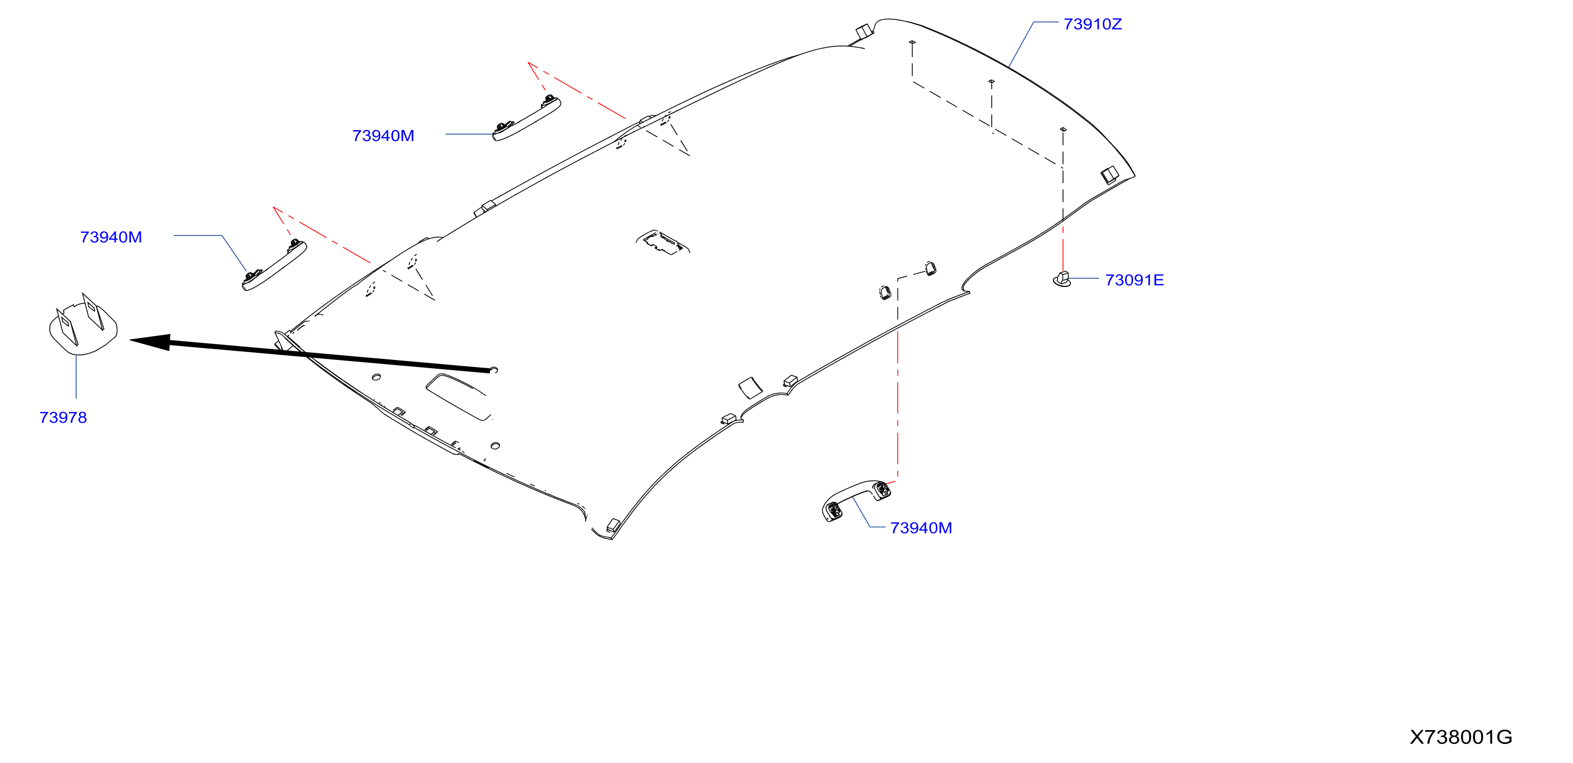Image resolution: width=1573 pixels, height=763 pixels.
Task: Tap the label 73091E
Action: [1134, 280]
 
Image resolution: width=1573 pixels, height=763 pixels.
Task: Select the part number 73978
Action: [63, 417]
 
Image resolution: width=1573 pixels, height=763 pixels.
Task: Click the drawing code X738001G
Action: [1460, 737]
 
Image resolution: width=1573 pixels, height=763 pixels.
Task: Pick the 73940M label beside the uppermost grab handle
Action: [383, 136]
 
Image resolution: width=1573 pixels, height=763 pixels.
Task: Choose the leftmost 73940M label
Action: [111, 237]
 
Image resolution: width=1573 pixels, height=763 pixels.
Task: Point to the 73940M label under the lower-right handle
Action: [921, 528]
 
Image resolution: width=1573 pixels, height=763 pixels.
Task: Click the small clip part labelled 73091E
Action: [1063, 279]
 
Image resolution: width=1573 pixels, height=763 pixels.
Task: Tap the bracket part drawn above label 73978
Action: [83, 324]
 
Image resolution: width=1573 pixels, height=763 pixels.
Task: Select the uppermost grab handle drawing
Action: [526, 118]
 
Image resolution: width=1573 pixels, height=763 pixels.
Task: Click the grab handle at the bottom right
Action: [856, 499]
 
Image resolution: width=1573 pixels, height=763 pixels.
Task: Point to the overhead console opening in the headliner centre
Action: [662, 242]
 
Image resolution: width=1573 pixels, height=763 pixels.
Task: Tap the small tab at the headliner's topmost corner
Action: [863, 30]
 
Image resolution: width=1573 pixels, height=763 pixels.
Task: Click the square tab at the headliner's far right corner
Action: [1109, 175]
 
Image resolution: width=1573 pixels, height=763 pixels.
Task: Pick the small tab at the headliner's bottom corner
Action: [613, 525]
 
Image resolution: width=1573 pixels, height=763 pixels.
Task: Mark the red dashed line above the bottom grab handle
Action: [897, 407]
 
